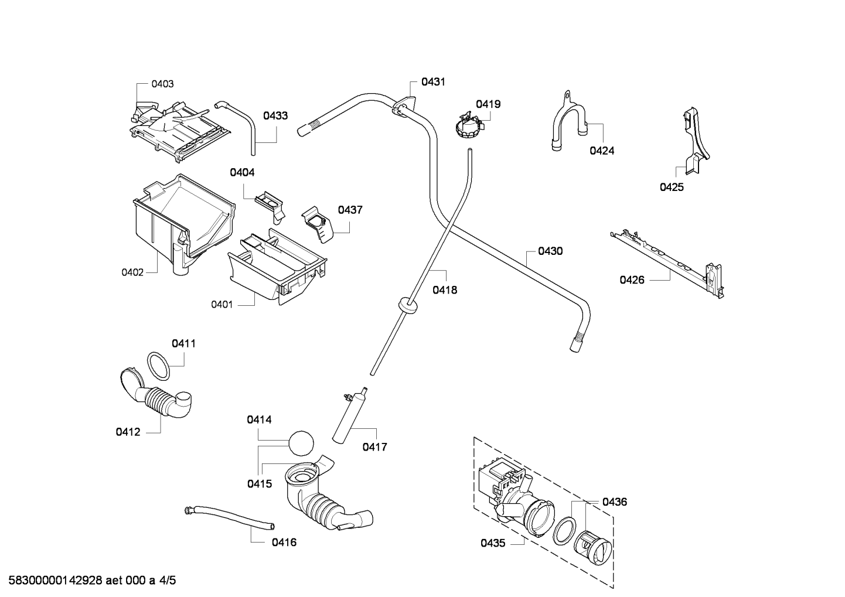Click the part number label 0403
click(162, 84)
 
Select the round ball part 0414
click(301, 444)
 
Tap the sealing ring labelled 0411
click(158, 366)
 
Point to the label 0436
click(615, 502)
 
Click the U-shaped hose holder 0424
click(568, 121)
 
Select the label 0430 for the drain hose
click(550, 251)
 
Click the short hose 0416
click(229, 516)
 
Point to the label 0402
click(132, 272)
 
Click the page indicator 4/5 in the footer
click(168, 580)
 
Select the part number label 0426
click(632, 280)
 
